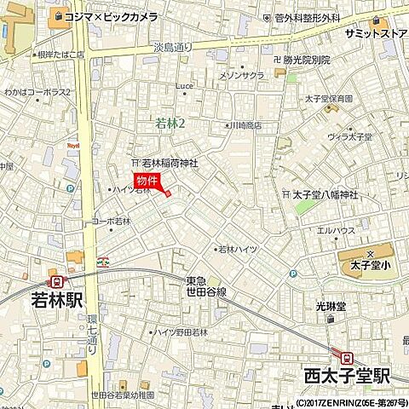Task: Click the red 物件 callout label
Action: click(x=147, y=180)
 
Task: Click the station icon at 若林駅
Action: click(x=57, y=281)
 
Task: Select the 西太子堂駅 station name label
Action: click(x=346, y=374)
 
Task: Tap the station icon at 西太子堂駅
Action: click(x=348, y=356)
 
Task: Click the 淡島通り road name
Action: click(x=174, y=49)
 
